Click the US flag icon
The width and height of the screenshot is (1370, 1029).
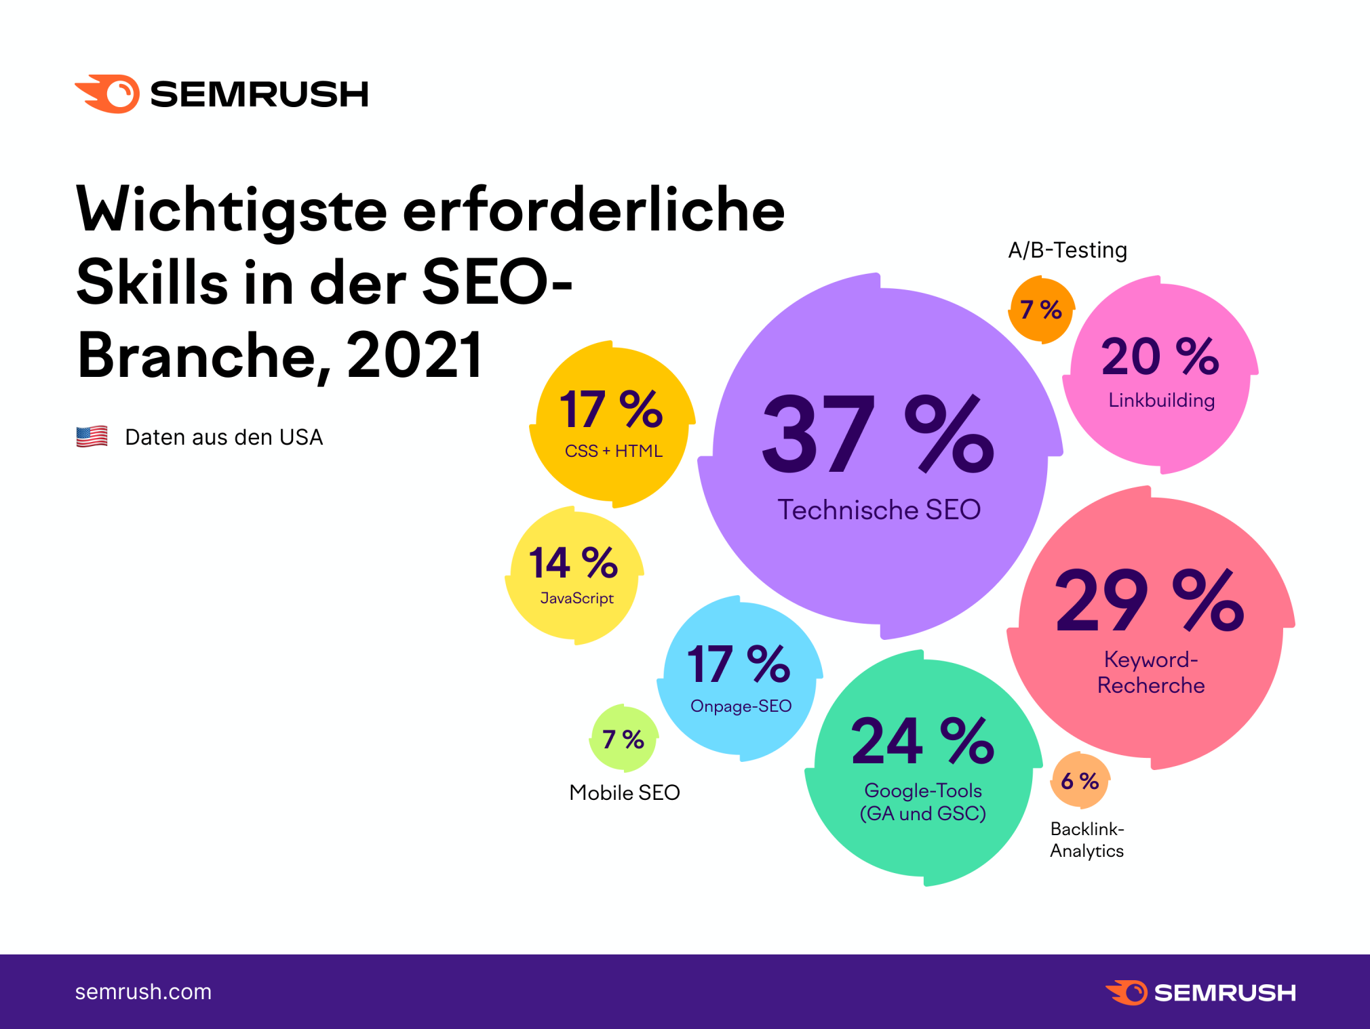pos(92,437)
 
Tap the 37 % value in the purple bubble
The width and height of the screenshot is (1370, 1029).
pos(878,434)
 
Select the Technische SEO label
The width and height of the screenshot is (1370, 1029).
pos(879,510)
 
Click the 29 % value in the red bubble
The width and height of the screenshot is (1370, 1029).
pos(1150,600)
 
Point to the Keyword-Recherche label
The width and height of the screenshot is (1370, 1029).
pos(1151,672)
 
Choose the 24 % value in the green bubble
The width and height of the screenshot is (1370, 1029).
pos(923,741)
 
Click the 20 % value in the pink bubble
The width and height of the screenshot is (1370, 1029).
pos(1160,357)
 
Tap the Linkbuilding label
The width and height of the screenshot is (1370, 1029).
pos(1161,400)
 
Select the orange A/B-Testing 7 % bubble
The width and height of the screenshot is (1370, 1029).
pos(1041,310)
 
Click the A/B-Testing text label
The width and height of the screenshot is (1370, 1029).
pos(1068,250)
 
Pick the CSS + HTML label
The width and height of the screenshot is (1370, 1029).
pos(613,451)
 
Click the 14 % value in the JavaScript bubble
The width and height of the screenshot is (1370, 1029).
pos(574,563)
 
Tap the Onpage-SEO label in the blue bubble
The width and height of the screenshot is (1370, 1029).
pos(741,706)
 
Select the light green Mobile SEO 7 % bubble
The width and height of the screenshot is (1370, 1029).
pos(623,739)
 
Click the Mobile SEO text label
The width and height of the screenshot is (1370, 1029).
pos(624,792)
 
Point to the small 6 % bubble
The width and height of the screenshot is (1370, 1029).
pos(1080,781)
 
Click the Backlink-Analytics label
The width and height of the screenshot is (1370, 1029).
pos(1087,840)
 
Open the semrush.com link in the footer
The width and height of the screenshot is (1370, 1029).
pos(143,992)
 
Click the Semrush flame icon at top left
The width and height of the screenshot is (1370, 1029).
pos(109,94)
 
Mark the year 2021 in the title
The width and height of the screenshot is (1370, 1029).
pos(415,355)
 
